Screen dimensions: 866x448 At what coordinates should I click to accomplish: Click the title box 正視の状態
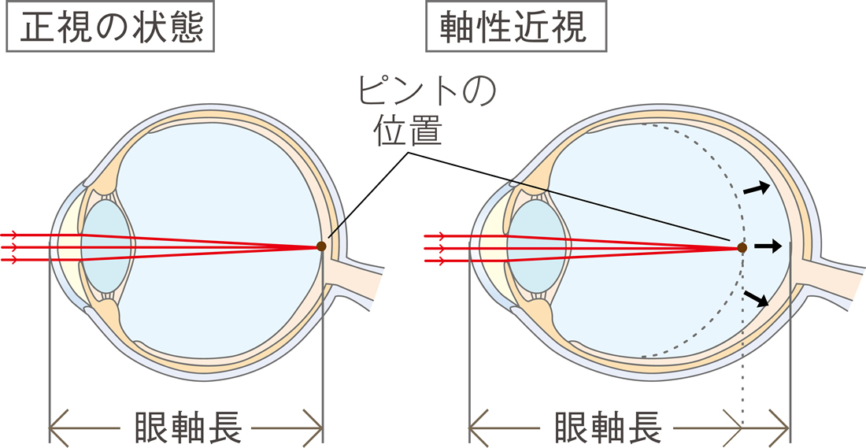coord(110,27)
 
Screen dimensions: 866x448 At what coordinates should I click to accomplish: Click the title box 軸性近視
coord(516,27)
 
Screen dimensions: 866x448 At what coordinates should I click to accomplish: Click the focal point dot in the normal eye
coord(321,246)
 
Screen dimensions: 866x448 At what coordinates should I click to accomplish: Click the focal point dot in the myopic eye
coord(742,247)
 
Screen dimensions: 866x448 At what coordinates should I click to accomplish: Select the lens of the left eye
coord(106,246)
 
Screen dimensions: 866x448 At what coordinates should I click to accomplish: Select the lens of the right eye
coord(535,246)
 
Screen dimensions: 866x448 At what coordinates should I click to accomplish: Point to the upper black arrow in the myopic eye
coord(756,188)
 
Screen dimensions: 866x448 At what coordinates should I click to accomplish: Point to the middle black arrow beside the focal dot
coord(768,246)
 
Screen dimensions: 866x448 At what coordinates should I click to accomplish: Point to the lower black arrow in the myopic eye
coord(756,298)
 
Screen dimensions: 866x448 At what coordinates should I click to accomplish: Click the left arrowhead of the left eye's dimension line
coord(58,428)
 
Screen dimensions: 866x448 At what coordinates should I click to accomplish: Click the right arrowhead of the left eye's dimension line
coord(313,428)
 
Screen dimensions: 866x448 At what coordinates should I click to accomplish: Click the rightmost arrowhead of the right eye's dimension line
coord(780,428)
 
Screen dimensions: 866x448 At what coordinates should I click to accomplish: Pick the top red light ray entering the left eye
coord(160,239)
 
